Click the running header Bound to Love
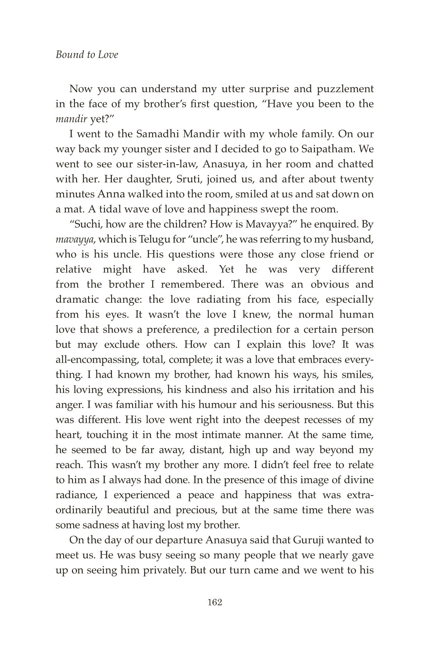point(87,55)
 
